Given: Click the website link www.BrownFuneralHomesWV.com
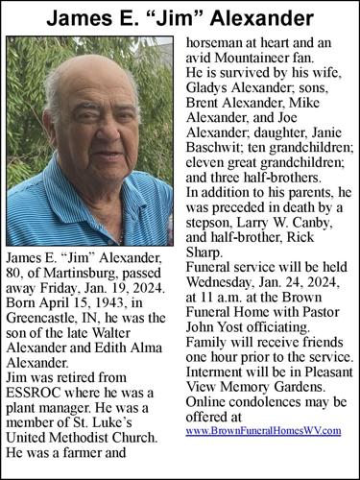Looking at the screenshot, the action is (x=262, y=432).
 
